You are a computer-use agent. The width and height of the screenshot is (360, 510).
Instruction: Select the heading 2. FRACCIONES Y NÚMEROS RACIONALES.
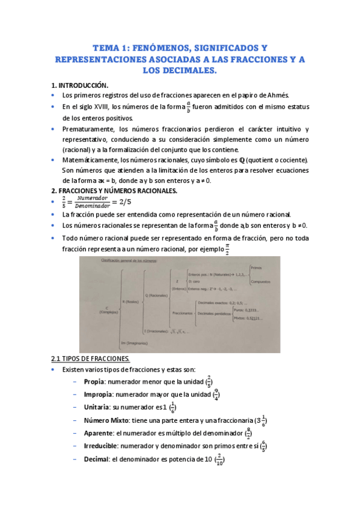click(x=114, y=191)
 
